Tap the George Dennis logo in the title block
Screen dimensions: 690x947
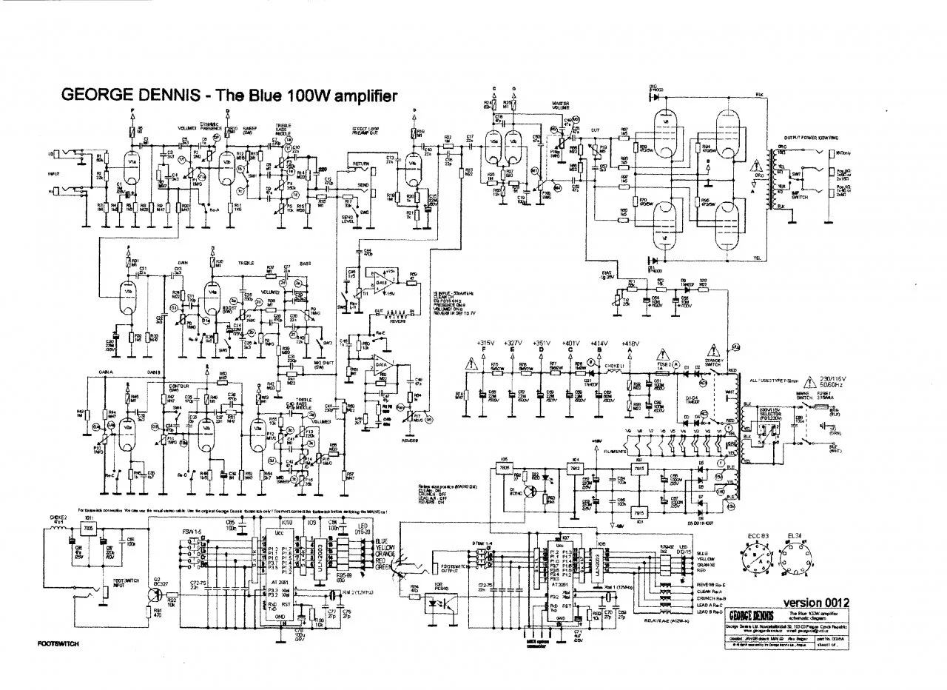point(752,616)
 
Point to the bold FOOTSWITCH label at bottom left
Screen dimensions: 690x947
point(58,644)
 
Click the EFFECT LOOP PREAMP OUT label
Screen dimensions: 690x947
point(367,130)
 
